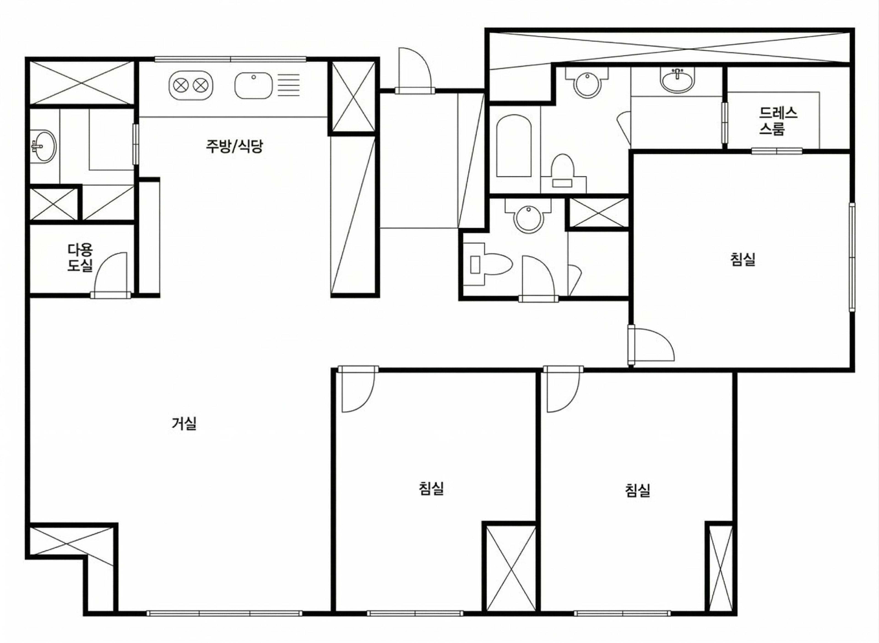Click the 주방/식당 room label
234,146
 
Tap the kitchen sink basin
254,85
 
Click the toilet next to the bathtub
563,172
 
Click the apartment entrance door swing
415,70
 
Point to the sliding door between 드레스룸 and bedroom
777,151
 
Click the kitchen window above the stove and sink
230,59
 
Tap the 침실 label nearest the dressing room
743,260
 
